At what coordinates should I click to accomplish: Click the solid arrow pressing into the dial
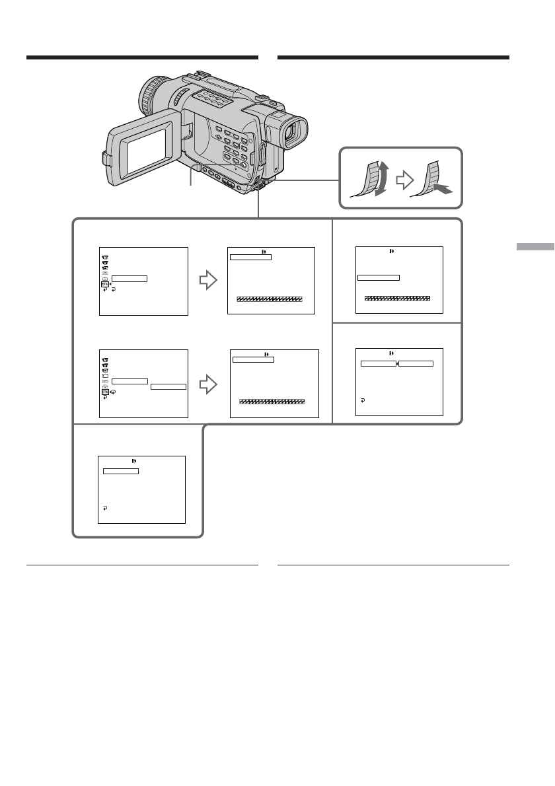[x=443, y=190]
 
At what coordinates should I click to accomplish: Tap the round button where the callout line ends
[x=245, y=166]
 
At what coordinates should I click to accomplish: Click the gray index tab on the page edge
[x=534, y=246]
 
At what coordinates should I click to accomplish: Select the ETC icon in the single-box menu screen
[x=104, y=284]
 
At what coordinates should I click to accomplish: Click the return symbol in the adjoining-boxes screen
[x=363, y=400]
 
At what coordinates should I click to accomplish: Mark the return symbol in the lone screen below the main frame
[x=105, y=509]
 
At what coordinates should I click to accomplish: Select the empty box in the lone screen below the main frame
[x=121, y=472]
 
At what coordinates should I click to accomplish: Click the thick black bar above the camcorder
[x=142, y=57]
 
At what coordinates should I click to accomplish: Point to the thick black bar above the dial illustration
[x=394, y=57]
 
